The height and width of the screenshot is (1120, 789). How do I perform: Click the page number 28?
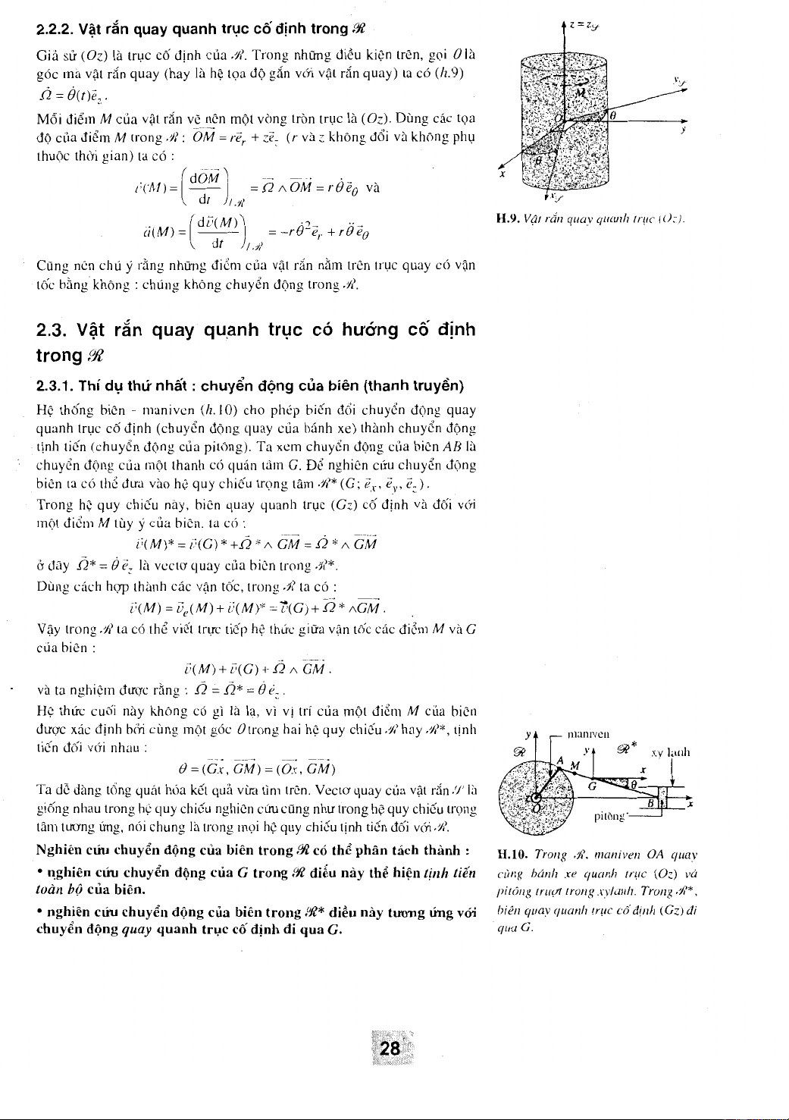[390, 1049]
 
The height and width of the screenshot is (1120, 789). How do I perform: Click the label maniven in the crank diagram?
[592, 733]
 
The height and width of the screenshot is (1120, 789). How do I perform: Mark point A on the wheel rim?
[559, 761]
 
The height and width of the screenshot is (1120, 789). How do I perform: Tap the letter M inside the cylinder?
[580, 93]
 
